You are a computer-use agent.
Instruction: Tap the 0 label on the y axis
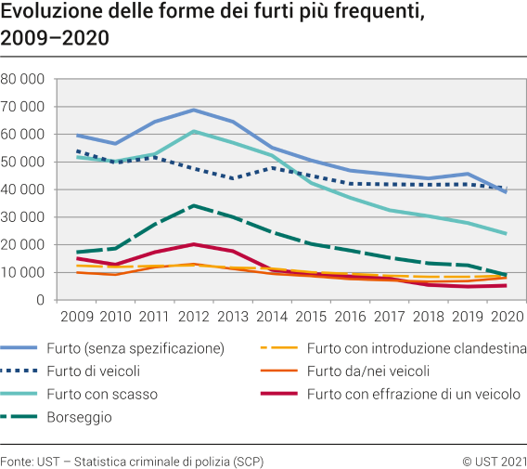coord(40,300)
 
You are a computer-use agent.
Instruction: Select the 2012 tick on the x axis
coord(192,318)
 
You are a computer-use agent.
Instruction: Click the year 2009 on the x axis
coord(76,318)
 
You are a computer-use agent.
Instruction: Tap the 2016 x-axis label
coord(350,318)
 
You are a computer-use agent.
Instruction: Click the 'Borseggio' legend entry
coord(94,417)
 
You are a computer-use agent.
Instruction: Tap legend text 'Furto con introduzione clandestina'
coord(423,349)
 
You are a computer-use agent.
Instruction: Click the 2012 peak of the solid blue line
coord(192,110)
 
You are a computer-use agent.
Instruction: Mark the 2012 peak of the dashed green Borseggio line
coord(192,205)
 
